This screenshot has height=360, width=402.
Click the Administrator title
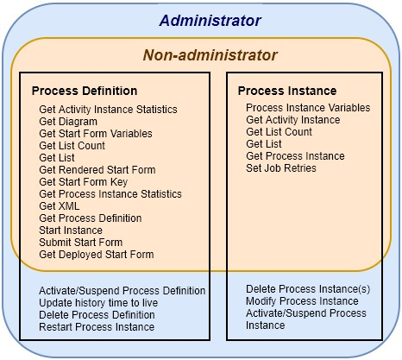(210, 21)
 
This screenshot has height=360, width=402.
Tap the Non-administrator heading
(210, 55)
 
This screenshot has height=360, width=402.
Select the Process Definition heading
(85, 91)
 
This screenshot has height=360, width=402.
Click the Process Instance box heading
(287, 91)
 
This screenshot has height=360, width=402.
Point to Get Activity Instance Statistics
(108, 110)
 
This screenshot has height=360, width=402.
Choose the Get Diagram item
(68, 122)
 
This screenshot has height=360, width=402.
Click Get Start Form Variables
(96, 134)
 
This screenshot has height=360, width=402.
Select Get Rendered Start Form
(97, 170)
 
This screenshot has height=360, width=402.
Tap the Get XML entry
(60, 206)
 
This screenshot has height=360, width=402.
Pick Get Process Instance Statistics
(110, 194)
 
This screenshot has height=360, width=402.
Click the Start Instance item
(71, 231)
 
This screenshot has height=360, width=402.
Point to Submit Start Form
(81, 243)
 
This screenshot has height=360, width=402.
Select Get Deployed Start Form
(97, 255)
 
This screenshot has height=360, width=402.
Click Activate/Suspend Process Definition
(122, 291)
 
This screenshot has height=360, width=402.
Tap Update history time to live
(98, 303)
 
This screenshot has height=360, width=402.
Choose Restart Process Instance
(97, 327)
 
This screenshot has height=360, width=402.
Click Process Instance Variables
(308, 108)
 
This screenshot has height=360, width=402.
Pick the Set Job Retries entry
(281, 168)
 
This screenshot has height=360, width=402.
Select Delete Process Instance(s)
(308, 289)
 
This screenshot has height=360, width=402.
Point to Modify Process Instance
(302, 301)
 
